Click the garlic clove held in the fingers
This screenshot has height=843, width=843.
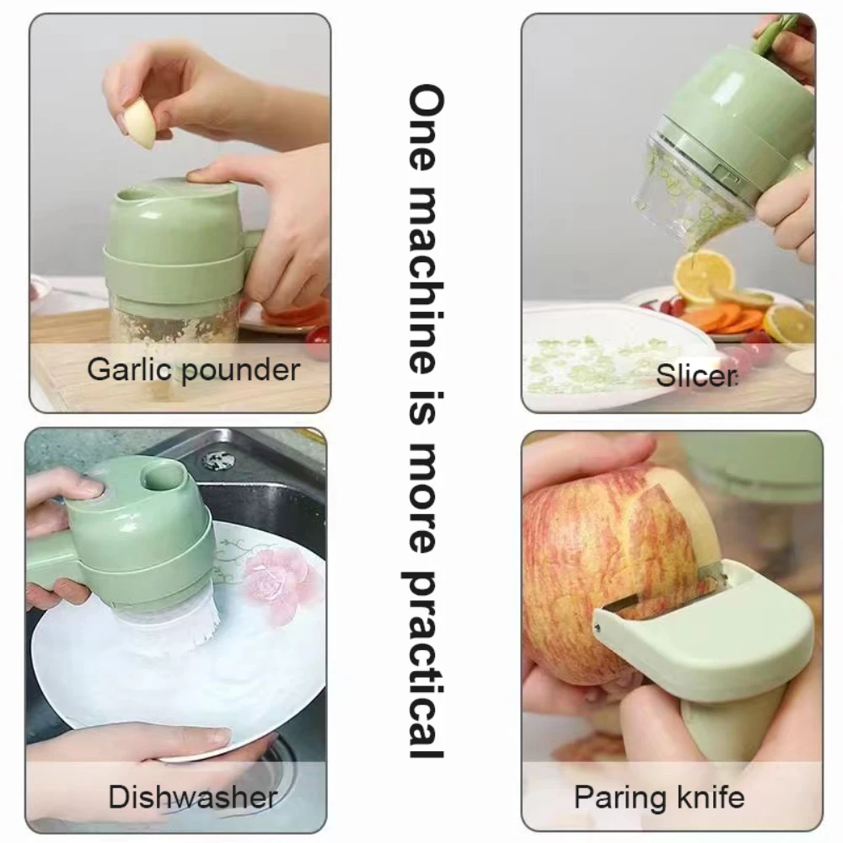[x=140, y=122]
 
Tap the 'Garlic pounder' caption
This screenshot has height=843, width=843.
[x=193, y=369]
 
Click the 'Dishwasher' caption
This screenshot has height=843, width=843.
[x=193, y=796]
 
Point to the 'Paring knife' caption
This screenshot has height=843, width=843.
[x=659, y=796]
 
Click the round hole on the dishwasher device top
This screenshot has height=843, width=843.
[x=165, y=477]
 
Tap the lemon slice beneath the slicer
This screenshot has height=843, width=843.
[x=703, y=277]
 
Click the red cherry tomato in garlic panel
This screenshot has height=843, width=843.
[x=319, y=341]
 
